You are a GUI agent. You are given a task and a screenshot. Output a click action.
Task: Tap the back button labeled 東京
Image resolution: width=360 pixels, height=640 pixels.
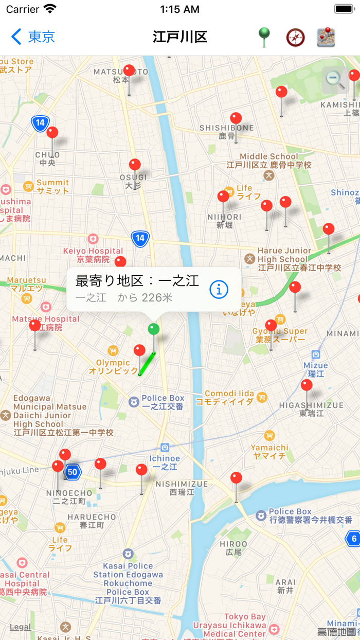point(33,37)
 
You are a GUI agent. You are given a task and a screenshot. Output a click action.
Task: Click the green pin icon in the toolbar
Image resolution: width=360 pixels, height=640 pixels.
point(264,37)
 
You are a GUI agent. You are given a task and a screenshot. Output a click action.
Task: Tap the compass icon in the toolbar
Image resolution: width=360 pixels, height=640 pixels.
point(295,38)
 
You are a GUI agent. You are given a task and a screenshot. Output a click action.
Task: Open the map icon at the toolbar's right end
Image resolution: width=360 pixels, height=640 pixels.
point(326,38)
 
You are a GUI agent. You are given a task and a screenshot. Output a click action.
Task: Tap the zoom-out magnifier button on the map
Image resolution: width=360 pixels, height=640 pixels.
point(335,79)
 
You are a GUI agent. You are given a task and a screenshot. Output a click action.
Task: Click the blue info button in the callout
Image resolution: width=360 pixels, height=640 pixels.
point(219,290)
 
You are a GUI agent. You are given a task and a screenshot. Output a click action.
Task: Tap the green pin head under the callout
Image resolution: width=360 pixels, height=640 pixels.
point(153,329)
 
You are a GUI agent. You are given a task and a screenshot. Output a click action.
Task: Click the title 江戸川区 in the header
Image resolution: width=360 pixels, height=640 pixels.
point(180,37)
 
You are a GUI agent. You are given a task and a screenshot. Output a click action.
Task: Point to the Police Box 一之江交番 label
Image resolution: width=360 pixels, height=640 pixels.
point(163,402)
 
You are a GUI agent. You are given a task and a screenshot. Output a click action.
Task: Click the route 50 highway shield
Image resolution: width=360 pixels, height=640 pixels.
point(73,472)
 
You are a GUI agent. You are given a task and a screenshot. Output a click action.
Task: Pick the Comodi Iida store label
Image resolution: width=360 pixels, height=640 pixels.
point(229,397)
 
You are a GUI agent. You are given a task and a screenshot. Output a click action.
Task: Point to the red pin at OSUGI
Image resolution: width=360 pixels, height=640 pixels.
point(135,165)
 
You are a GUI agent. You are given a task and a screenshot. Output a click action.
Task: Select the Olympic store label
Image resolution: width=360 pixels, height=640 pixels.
point(113,366)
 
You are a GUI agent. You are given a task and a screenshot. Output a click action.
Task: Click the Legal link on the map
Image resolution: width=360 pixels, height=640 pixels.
point(21,627)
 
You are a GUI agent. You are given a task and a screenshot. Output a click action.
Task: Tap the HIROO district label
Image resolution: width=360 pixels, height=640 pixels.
point(233,548)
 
